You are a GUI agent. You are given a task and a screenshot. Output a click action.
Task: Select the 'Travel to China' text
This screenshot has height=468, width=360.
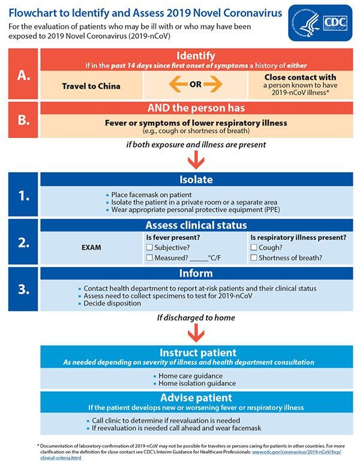(x=91, y=86)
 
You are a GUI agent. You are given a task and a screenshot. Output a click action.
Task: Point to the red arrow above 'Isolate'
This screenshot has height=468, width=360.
(x=195, y=159)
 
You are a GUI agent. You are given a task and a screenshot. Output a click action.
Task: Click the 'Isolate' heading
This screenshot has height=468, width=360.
(x=196, y=179)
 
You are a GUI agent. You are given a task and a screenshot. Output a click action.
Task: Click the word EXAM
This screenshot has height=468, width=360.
(x=91, y=246)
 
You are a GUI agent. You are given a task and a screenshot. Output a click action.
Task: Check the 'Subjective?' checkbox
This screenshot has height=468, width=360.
(x=149, y=247)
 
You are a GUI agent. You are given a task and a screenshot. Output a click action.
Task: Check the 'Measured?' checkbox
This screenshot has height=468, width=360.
(x=149, y=258)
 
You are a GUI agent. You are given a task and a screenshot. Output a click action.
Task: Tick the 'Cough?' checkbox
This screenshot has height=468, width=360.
(x=254, y=247)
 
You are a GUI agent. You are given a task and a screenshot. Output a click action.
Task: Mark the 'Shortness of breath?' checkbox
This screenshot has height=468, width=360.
(x=254, y=258)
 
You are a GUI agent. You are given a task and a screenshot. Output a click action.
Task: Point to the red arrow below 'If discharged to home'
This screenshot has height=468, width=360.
(x=195, y=333)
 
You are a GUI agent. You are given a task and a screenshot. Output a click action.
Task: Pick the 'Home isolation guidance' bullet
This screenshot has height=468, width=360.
(x=197, y=383)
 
